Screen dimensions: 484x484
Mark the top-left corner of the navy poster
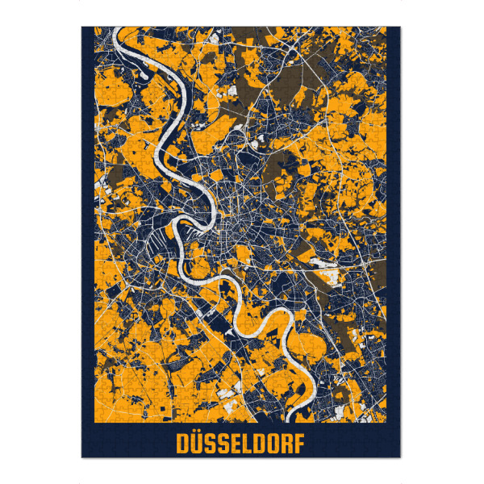82,27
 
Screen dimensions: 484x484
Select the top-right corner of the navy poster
399,27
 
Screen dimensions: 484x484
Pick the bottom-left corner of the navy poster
82,457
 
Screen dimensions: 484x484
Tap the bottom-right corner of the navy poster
399,457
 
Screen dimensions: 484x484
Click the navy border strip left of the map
87,242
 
